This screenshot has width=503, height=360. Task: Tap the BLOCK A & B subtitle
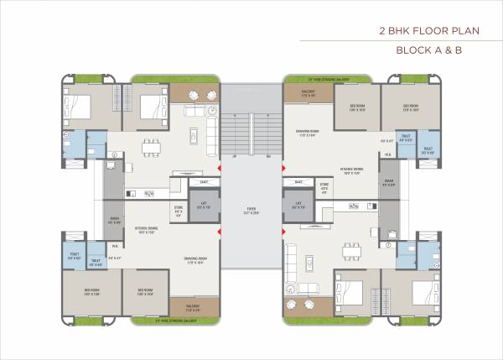(429, 50)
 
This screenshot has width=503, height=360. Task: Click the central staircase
(251, 130)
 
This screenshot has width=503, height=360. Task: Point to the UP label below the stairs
(235, 157)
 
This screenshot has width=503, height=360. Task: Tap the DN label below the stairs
(268, 157)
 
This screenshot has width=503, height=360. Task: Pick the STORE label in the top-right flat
(324, 185)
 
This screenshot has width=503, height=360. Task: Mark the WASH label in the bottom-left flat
(115, 222)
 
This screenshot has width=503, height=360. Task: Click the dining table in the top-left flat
(151, 144)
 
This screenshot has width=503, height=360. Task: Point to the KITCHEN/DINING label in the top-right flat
(350, 170)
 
